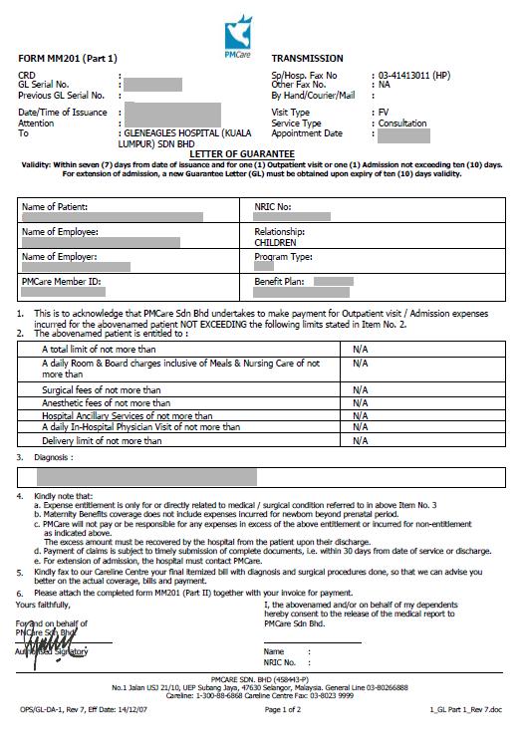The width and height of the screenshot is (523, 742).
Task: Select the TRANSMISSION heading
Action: click(307, 60)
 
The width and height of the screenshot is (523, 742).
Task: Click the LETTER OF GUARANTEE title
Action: click(261, 154)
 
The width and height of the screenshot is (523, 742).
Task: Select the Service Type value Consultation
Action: click(402, 123)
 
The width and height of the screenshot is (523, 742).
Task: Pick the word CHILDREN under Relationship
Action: click(276, 242)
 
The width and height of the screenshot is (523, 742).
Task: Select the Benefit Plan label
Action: click(279, 283)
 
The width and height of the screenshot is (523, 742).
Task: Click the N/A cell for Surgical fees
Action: click(360, 389)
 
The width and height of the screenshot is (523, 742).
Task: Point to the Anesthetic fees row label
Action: click(101, 402)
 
